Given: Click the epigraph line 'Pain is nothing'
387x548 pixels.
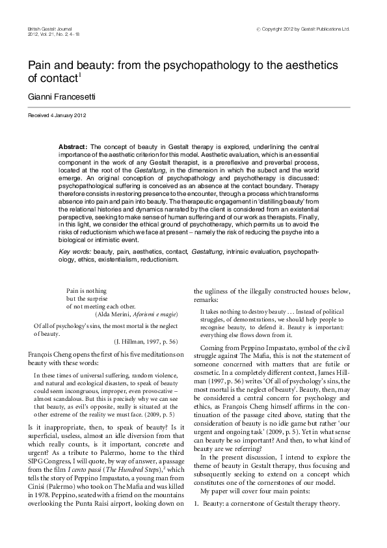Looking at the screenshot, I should click(x=87, y=292).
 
